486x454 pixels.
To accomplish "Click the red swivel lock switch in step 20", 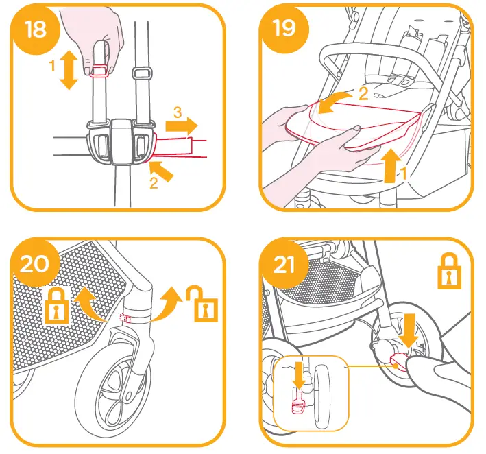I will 125,318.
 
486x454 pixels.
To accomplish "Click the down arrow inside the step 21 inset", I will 297,376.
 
